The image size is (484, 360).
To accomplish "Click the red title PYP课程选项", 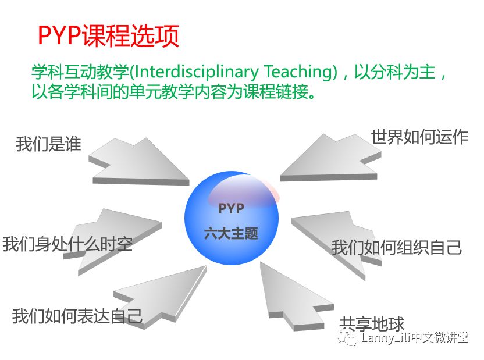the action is pos(108,35).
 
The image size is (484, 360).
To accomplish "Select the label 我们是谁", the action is pos(48,144).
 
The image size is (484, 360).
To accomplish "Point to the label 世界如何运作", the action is pos(419,137).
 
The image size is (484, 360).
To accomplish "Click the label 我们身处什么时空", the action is pos(67,244).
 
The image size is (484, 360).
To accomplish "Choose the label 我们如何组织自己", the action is pos(397,247).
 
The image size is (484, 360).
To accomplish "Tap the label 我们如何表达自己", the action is pos(77,316).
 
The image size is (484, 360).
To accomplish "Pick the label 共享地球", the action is pos(372,324).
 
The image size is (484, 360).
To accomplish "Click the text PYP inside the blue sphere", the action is pos(231,209).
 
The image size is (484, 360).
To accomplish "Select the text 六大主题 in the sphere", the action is pos(231,233).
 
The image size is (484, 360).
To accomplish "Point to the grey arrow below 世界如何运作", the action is pos(330,158).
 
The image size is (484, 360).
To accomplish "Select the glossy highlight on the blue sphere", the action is pos(244,191).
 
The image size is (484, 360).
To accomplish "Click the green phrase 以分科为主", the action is pos(394,72).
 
